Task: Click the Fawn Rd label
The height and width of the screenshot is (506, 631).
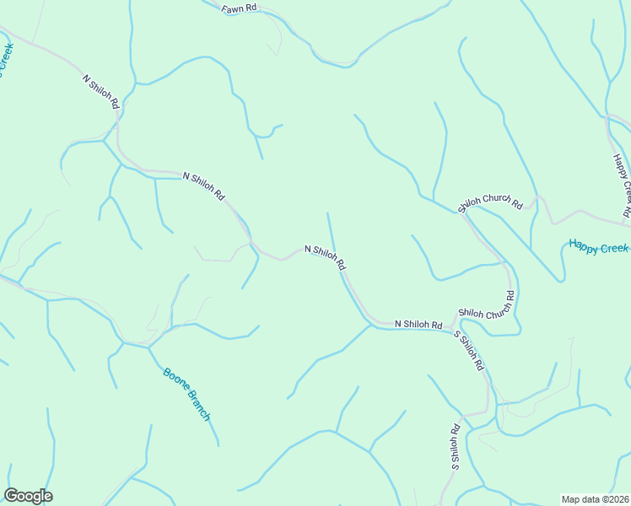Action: [x=240, y=9]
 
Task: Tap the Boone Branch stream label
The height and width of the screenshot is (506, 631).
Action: [x=186, y=394]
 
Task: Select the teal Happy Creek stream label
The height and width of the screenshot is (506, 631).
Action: [x=599, y=247]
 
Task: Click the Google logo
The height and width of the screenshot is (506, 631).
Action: [x=28, y=496]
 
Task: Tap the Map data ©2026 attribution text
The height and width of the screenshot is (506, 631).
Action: [x=594, y=498]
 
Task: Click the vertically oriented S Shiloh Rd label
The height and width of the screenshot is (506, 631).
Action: [x=455, y=446]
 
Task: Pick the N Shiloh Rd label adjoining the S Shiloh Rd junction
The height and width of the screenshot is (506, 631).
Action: [x=418, y=325]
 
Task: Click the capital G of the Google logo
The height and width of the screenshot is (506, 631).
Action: [x=12, y=495]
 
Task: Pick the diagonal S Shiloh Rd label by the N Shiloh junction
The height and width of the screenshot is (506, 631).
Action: [x=469, y=351]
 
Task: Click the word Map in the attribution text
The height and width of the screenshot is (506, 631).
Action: [x=570, y=498]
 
